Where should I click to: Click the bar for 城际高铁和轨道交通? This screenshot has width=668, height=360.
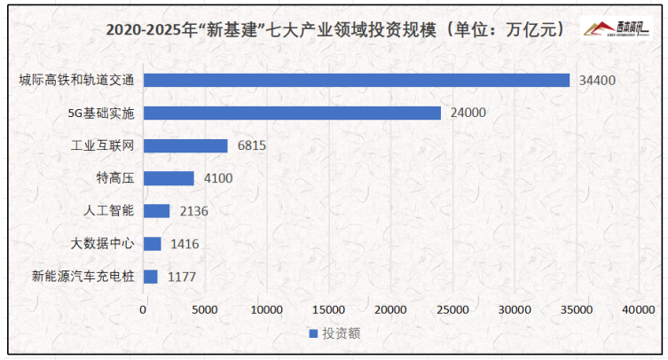[356, 80]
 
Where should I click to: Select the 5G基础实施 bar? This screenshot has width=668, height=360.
[292, 113]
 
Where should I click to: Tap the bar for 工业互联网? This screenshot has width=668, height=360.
[185, 145]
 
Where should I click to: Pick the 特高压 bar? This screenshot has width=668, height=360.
[169, 178]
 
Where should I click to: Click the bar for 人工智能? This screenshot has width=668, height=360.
[156, 211]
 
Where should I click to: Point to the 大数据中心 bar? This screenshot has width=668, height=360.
[153, 244]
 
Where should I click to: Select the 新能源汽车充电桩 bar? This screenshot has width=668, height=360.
[151, 277]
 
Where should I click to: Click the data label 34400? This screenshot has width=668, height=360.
[596, 80]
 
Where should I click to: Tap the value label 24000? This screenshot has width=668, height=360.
[468, 113]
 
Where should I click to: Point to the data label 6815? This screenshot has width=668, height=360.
[253, 145]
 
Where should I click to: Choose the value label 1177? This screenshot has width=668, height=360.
[183, 277]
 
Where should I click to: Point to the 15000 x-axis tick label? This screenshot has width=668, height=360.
[328, 309]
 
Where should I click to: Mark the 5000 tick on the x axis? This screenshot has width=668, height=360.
[205, 309]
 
